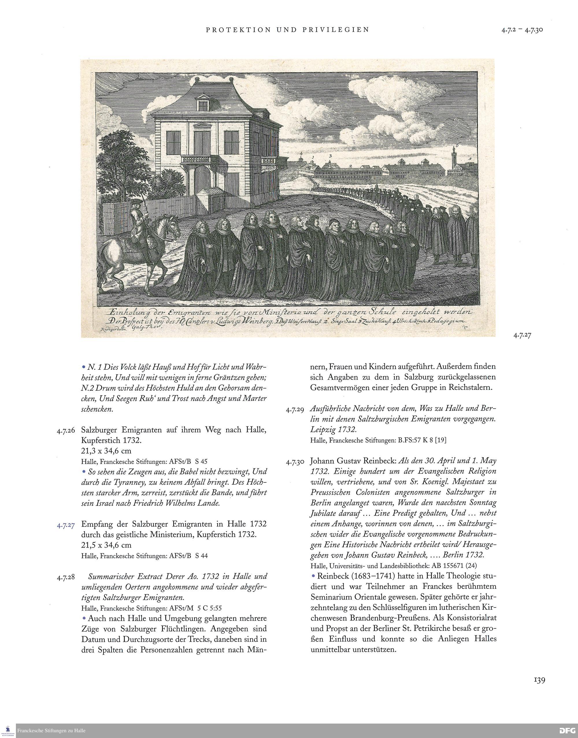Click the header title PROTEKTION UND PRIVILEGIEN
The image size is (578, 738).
coord(287,30)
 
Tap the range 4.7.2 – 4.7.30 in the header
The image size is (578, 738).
coord(522,30)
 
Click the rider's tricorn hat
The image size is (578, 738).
coord(135,202)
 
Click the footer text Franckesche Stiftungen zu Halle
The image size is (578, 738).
coord(51,730)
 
